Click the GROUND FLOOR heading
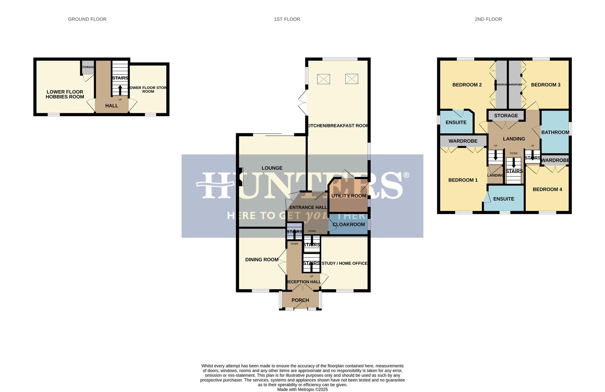[87, 19]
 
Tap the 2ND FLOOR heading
[488, 19]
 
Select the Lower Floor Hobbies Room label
[65, 94]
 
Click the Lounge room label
[272, 168]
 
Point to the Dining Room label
[262, 260]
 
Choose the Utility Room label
[349, 196]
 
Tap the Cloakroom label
[349, 224]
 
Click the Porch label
[300, 300]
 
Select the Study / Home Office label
[344, 263]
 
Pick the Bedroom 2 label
[467, 85]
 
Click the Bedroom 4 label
[547, 189]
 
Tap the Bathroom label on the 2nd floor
[555, 132]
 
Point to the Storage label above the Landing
[506, 116]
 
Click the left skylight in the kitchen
[323, 79]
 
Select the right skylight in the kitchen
[352, 79]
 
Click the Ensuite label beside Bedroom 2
[456, 123]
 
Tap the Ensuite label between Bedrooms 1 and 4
[504, 199]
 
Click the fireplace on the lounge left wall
[241, 177]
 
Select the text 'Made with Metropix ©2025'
[302, 389]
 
